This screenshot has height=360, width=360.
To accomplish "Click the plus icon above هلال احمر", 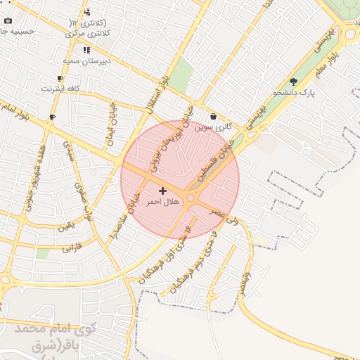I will pyautogui.click(x=162, y=191).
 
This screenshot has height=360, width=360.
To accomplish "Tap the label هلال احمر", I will pyautogui.click(x=162, y=202).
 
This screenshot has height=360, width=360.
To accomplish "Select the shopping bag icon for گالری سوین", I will pyautogui.click(x=214, y=117).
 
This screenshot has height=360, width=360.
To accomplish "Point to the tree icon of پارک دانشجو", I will pyautogui.click(x=293, y=82).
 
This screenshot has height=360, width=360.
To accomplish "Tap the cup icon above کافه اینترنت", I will pyautogui.click(x=60, y=79).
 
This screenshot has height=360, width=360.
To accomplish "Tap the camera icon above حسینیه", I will pyautogui.click(x=8, y=21).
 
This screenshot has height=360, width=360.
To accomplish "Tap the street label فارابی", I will pyautogui.click(x=72, y=247).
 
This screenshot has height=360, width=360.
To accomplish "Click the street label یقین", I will pyautogui.click(x=65, y=227).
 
